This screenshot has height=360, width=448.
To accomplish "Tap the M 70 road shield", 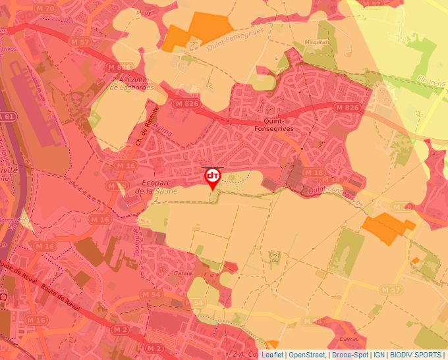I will point(45,9).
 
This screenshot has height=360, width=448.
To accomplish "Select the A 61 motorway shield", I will point(7,116).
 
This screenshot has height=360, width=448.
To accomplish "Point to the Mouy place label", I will point(142,13).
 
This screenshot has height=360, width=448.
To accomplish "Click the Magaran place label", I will point(316,42).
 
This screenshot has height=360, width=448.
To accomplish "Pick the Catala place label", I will point(182,272).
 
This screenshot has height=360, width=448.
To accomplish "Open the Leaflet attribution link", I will point(272,355).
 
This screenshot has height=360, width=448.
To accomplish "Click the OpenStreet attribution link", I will point(307,355).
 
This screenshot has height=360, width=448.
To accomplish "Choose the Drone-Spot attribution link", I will point(350,355).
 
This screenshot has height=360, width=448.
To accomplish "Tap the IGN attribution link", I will point(379,355).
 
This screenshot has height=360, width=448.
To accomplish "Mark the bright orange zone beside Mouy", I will point(198,31).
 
